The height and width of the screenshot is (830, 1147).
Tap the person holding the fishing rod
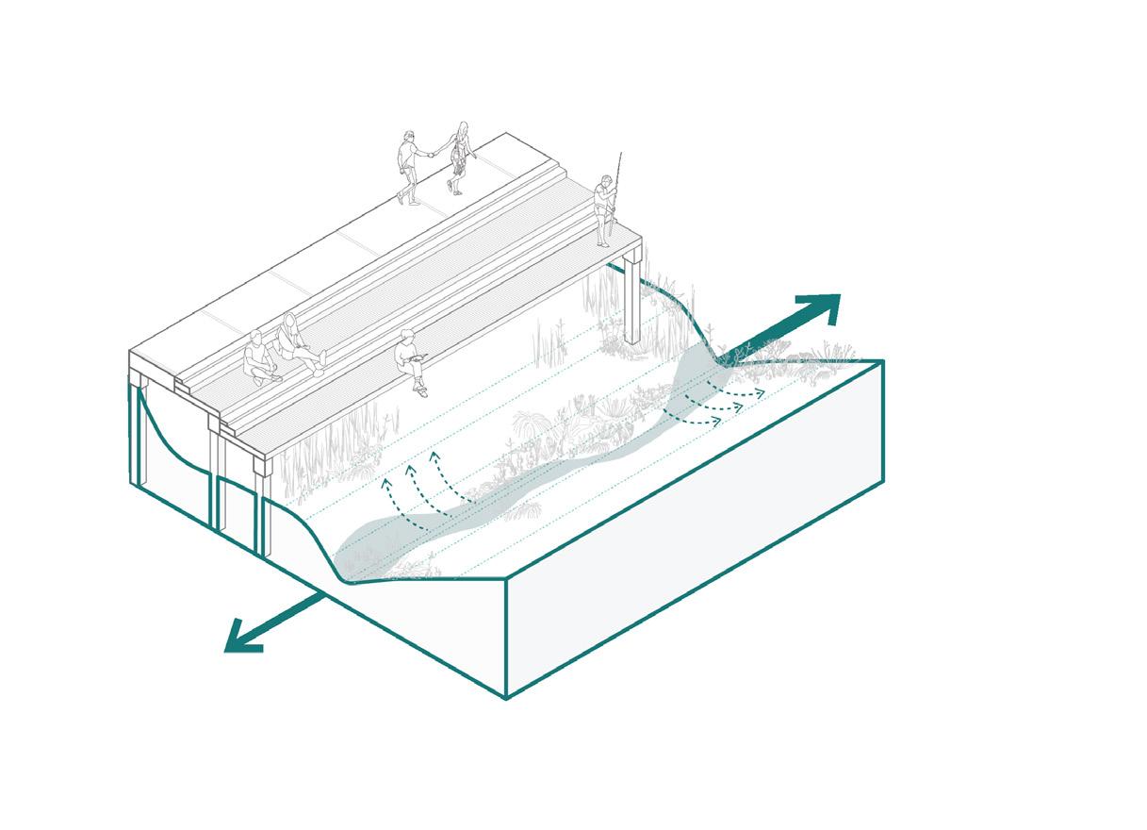coord(603,209)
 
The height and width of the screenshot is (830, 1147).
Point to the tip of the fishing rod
coord(622,153)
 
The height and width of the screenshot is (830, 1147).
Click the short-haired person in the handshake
coord(407,166)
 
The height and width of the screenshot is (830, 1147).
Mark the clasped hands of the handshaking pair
coord(434,152)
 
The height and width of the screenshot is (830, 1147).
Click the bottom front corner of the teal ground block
coord(506,698)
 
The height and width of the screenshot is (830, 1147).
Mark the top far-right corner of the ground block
coord(883,360)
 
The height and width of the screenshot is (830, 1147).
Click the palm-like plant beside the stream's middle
coord(529,428)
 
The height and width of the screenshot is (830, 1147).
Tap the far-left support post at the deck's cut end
coord(138,434)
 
